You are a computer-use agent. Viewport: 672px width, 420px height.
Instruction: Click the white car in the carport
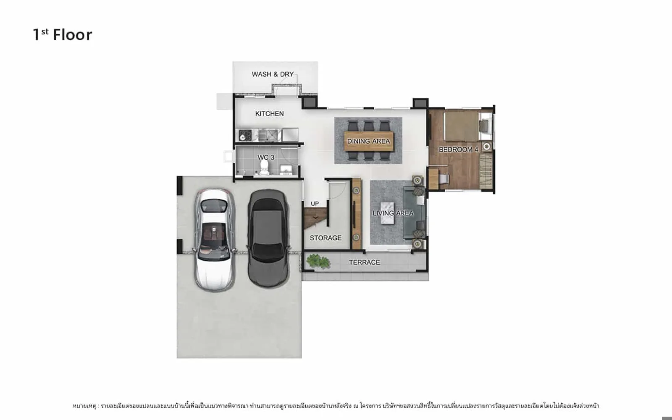tap(215, 240)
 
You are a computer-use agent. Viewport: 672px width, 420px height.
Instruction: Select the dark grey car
tap(268, 239)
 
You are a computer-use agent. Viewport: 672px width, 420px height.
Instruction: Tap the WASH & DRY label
tap(273, 74)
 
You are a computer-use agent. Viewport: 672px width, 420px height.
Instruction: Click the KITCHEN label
tap(269, 114)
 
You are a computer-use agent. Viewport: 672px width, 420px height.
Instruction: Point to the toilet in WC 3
tap(264, 168)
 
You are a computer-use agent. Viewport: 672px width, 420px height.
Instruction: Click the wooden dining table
tap(369, 141)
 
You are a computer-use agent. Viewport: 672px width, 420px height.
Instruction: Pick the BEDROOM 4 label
tap(458, 150)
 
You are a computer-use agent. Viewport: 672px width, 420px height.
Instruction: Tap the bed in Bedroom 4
tap(468, 126)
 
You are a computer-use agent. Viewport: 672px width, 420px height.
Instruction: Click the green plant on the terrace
tap(318, 261)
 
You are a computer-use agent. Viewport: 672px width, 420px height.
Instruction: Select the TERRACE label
tap(364, 262)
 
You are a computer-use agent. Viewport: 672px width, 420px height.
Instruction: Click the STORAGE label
tap(325, 238)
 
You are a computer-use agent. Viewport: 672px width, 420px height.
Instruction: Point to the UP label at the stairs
tap(315, 204)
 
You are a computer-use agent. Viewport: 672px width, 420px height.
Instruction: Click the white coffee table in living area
tap(387, 213)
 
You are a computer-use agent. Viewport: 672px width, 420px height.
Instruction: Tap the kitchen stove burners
tap(245, 135)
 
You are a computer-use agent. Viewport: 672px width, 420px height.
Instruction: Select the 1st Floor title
tap(63, 34)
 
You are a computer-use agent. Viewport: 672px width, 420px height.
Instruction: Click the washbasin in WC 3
tap(286, 170)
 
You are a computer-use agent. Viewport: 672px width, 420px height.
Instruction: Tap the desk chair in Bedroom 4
tap(444, 179)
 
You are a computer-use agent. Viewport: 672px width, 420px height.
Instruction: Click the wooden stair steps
tap(315, 218)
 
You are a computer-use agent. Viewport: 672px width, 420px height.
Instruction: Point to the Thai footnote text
tap(336, 406)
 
